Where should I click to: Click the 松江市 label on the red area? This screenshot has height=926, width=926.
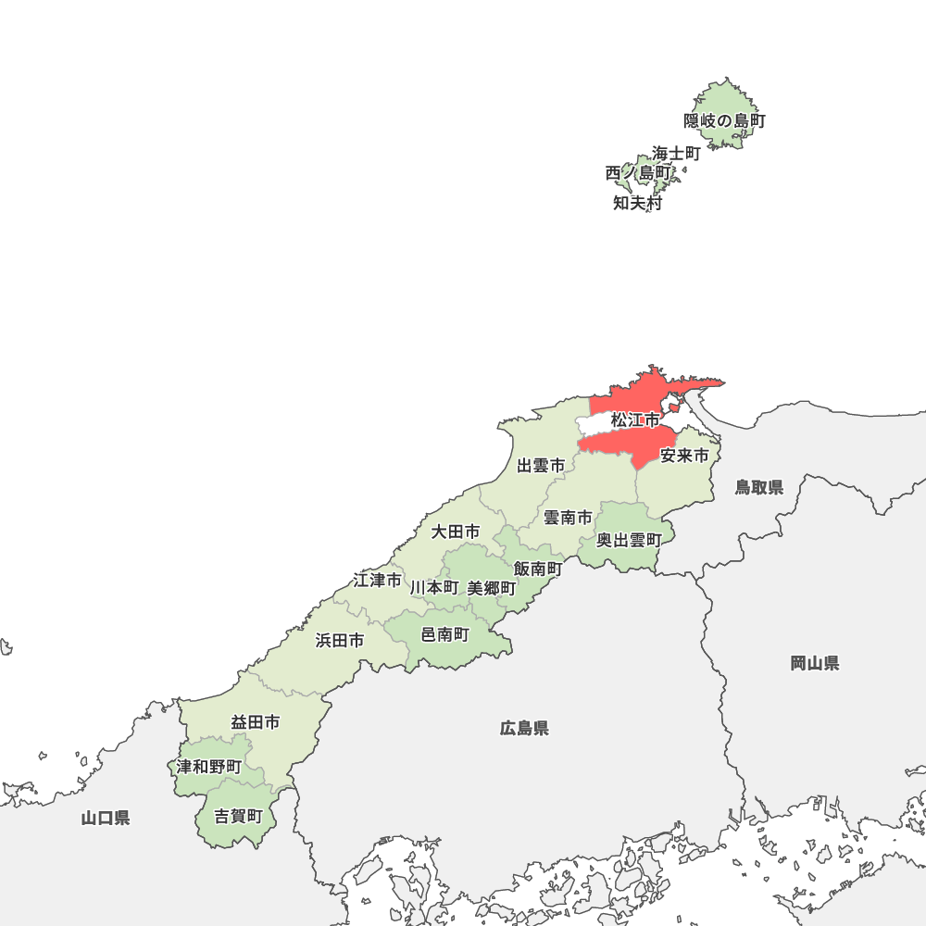pos(634,420)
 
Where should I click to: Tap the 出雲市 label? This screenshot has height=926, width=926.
pos(541,466)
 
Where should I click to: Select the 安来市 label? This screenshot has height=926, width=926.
pos(684,456)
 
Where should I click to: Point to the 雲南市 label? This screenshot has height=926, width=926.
pos(567,518)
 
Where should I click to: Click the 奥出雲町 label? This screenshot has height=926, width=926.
pos(629,540)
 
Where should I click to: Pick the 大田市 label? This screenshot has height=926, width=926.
pos(456,532)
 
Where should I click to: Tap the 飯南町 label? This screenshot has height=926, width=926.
pos(538,569)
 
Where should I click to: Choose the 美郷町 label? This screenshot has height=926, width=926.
pos(492,588)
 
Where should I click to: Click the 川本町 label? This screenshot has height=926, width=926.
pos(434,588)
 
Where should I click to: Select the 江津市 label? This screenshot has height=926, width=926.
pos(377,581)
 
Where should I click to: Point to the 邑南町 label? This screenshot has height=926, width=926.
pos(445,634)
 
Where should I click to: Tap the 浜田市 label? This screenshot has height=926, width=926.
pos(339,640)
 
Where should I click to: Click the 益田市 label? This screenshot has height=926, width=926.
pos(256,722)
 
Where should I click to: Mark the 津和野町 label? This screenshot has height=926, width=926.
pos(209,767)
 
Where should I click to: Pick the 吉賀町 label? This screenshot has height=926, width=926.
pos(239,817)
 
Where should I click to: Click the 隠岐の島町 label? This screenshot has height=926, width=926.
pos(725,120)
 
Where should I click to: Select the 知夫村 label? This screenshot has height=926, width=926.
pos(638,204)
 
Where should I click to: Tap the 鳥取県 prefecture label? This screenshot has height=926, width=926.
pos(759,487)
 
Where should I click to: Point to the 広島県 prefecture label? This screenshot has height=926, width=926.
pos(524,728)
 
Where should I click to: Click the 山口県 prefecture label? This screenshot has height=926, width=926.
pos(106,817)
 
